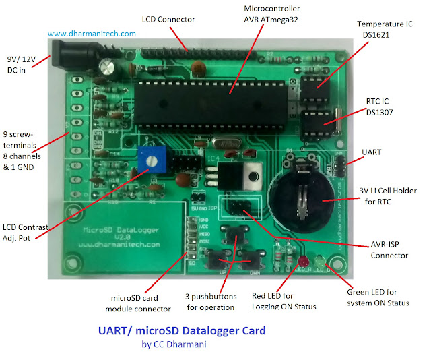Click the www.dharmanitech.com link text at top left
(x=92, y=33)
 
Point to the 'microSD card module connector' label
(x=141, y=303)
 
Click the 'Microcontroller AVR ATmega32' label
(x=271, y=13)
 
